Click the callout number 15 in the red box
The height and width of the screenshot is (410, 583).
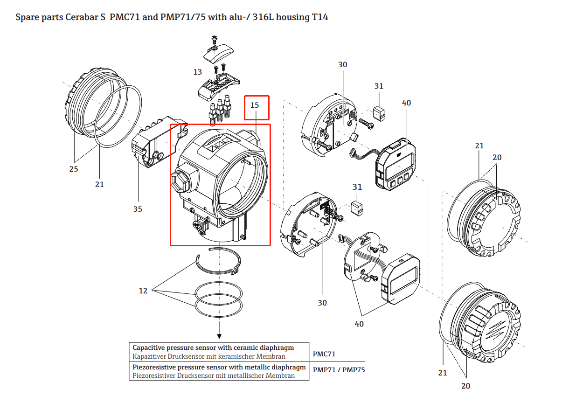[255, 105]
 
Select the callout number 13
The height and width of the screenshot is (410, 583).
[198, 72]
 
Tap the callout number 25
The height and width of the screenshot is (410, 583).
[74, 169]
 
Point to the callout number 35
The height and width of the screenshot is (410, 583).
[138, 209]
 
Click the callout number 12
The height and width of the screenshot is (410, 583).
[143, 291]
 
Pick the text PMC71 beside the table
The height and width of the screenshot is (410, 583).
[324, 354]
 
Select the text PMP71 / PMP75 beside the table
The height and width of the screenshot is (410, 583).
[339, 370]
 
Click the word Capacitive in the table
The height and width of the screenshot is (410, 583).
[149, 347]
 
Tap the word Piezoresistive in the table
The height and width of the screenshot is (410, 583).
[155, 367]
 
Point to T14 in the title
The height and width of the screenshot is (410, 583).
[320, 17]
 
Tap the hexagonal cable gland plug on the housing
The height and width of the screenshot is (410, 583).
[180, 180]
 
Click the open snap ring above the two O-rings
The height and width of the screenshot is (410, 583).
[218, 264]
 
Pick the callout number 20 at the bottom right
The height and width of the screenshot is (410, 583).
[466, 386]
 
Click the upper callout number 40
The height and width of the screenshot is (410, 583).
[406, 103]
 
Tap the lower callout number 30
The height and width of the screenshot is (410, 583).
[322, 303]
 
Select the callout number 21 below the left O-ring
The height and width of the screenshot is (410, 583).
[100, 184]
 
